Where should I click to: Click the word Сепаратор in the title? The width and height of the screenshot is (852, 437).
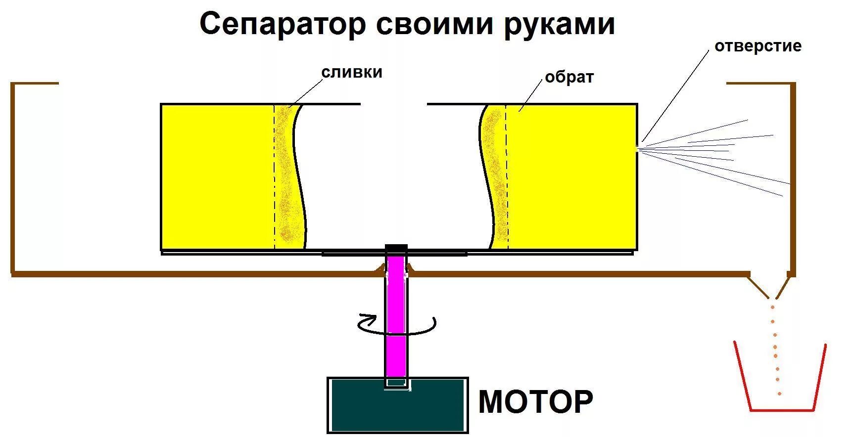(x=283, y=24)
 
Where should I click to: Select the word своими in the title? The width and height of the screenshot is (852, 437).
(x=435, y=24)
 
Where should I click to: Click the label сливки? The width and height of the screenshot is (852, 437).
(x=352, y=72)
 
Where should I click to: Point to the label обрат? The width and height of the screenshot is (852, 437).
(x=569, y=78)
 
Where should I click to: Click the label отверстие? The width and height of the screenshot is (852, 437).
(x=757, y=46)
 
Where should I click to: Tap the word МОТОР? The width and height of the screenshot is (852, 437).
(x=535, y=401)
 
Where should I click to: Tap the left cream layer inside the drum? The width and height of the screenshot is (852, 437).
(x=285, y=178)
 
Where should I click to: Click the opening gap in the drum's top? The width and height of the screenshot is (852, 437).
(x=393, y=104)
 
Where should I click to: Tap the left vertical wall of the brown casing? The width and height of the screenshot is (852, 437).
(x=13, y=178)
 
